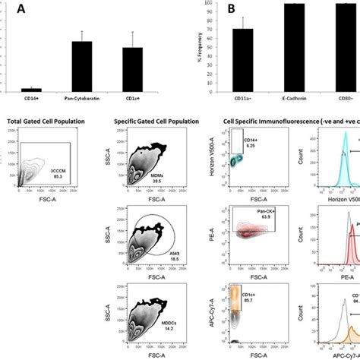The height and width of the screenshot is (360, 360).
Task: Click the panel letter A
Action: click(x=11, y=8)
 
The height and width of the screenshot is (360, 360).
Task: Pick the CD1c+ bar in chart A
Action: click(x=133, y=69)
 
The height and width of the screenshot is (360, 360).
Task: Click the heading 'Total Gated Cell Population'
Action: click(x=45, y=122)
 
